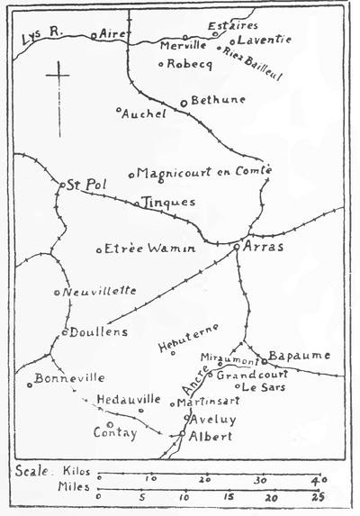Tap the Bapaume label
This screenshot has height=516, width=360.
click(x=301, y=355)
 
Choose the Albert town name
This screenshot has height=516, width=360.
click(x=211, y=436)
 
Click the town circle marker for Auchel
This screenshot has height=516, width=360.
click(x=120, y=112)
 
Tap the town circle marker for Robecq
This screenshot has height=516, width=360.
click(x=160, y=64)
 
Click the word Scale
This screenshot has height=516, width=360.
click(x=32, y=471)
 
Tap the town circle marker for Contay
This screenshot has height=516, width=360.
click(x=109, y=423)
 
